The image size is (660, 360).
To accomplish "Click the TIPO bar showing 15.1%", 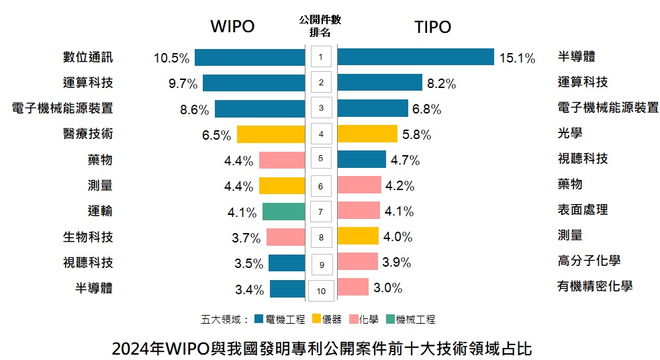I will [415, 57].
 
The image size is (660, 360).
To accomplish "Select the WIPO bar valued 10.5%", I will [250, 57].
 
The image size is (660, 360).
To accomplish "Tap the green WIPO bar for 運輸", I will [283, 212].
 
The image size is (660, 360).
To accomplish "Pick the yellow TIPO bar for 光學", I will [367, 134].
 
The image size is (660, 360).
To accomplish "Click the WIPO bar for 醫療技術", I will [271, 134].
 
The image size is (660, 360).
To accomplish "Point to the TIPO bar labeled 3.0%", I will [352, 287].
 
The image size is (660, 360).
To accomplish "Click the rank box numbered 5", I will [321, 159].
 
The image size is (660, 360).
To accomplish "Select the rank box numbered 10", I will [321, 291].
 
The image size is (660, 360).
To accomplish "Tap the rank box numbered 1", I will [321, 57].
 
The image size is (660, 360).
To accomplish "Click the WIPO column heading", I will [232, 27].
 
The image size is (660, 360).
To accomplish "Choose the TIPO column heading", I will [432, 27].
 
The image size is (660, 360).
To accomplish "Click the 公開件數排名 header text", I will [321, 26].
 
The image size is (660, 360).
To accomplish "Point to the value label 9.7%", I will [183, 83].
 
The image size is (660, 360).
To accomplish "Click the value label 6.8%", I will [427, 109].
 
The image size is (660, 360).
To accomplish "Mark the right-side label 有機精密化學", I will [595, 287].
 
